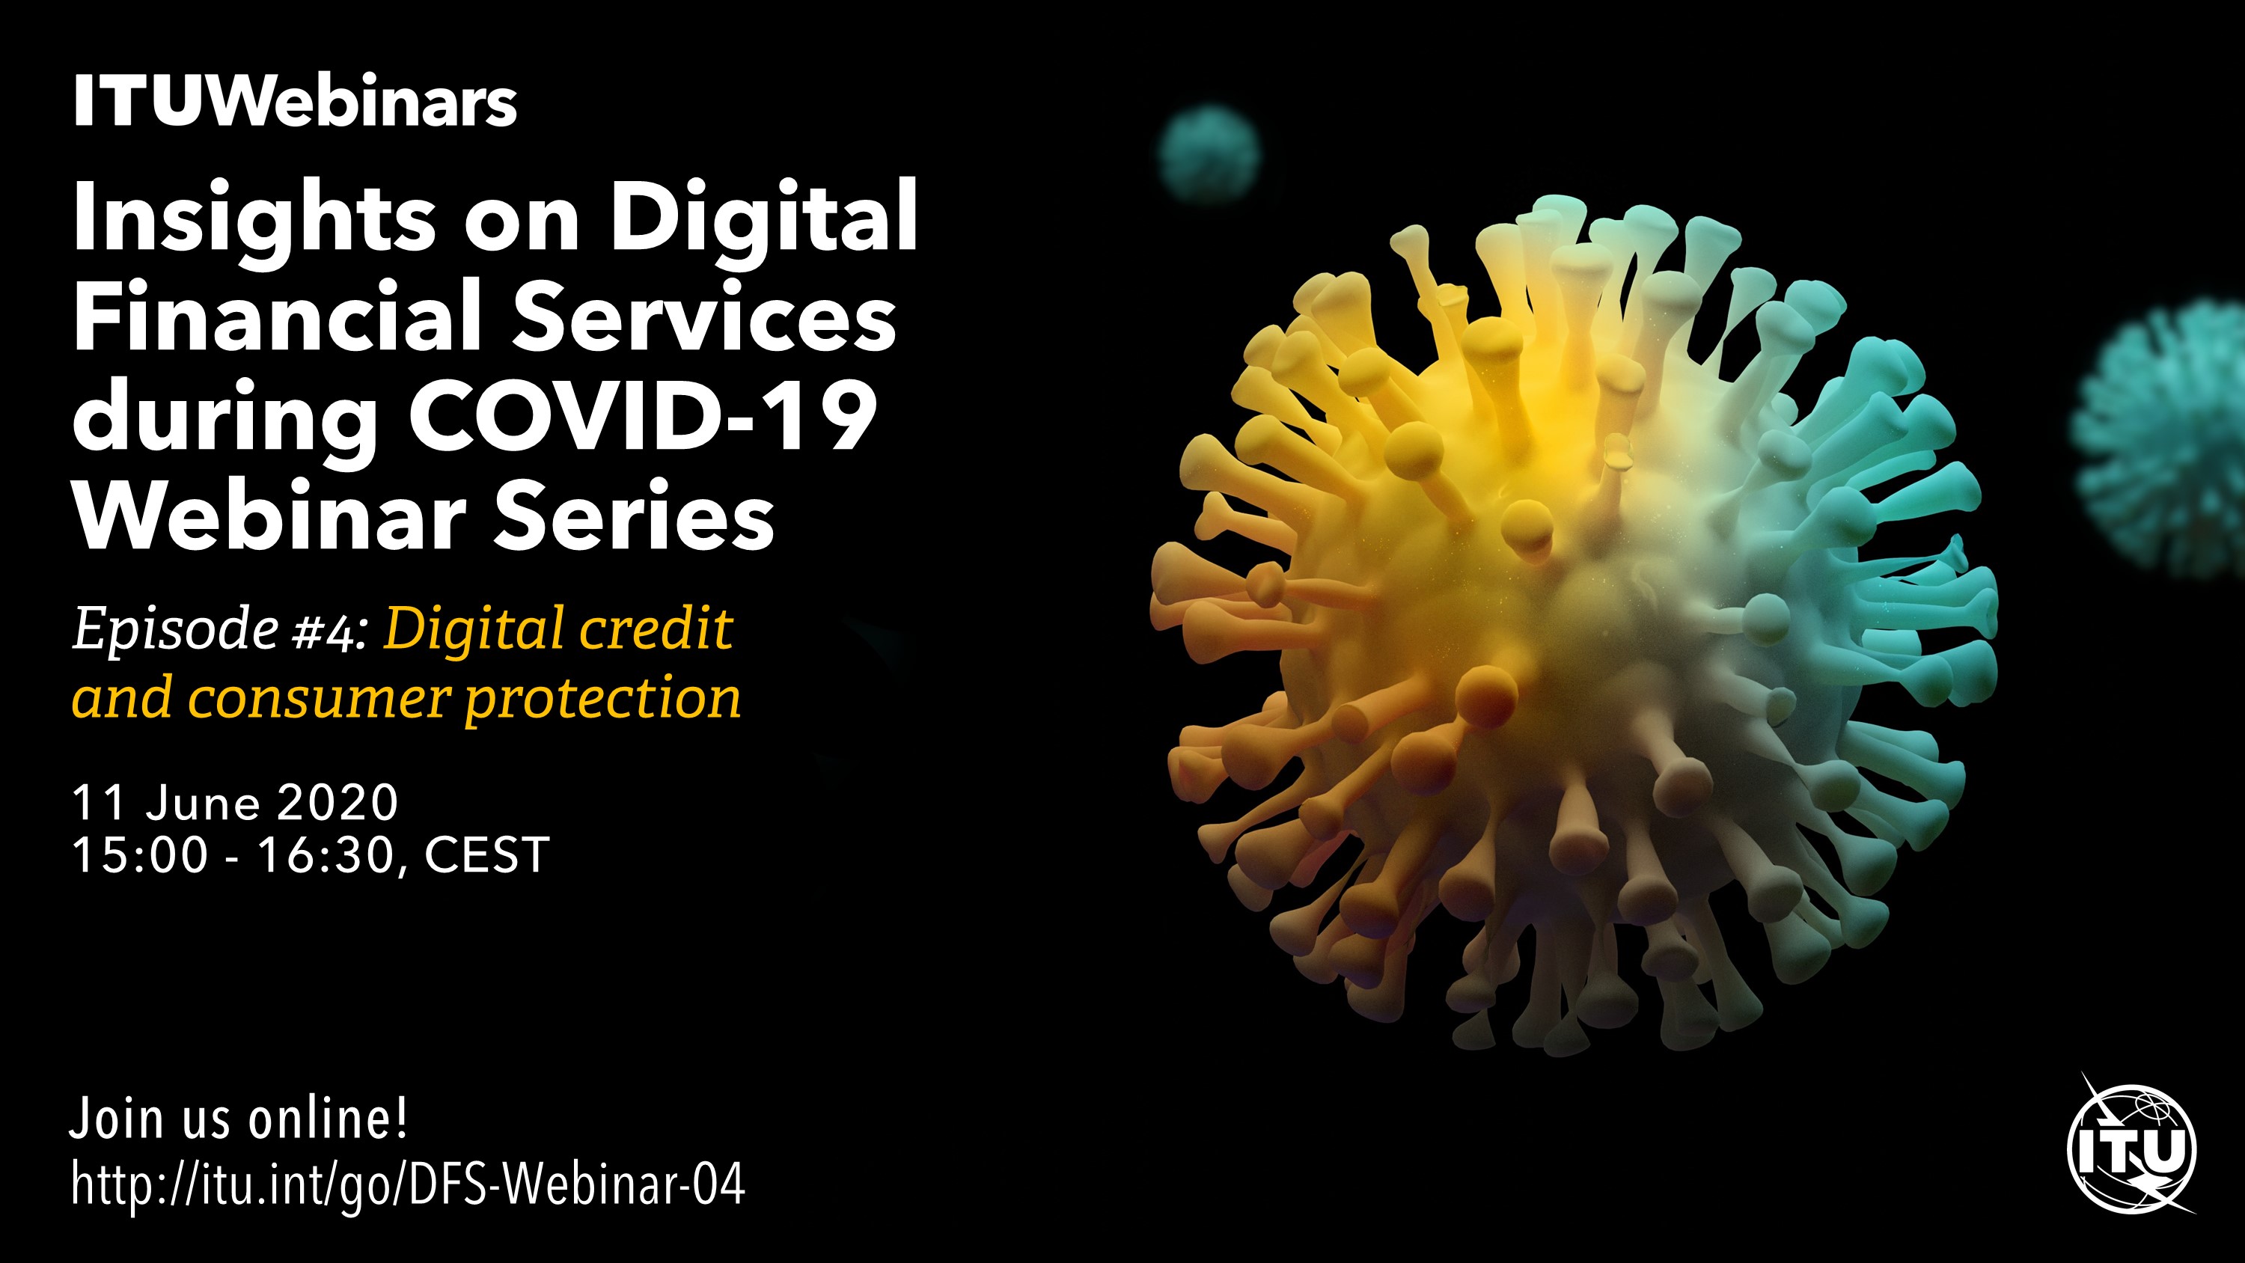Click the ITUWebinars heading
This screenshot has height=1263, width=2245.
click(x=296, y=101)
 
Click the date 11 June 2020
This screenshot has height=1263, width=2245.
click(x=235, y=803)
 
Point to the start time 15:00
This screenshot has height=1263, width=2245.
click(x=141, y=855)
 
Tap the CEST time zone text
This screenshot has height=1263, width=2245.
click(x=486, y=855)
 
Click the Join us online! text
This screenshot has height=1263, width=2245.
click(x=239, y=1119)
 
